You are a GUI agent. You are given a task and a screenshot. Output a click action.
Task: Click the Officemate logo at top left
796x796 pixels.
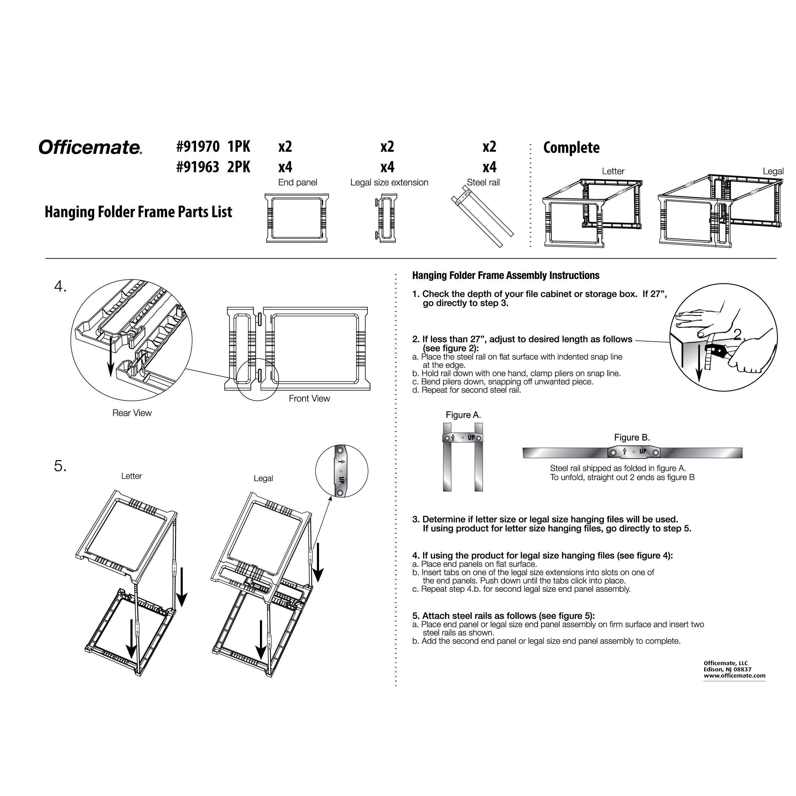[90, 147]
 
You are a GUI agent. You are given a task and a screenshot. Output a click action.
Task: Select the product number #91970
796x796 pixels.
[198, 147]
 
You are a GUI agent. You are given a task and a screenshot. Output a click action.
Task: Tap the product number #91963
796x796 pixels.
[198, 167]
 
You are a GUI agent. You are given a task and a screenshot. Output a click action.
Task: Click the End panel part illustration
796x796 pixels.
[296, 218]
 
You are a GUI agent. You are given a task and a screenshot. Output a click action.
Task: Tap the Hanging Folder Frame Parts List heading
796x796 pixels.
[138, 212]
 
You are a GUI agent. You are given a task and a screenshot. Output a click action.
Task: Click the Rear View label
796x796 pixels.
[132, 413]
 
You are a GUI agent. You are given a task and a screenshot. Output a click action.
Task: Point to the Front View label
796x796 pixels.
[309, 398]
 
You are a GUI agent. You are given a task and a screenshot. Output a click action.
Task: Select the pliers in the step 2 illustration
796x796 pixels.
[716, 351]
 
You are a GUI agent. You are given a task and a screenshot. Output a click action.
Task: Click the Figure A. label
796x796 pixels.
[463, 415]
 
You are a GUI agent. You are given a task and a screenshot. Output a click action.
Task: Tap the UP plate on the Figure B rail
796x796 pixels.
[634, 452]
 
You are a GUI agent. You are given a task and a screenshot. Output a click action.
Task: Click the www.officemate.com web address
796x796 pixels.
[734, 675]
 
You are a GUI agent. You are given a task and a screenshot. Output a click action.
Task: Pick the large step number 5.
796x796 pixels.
[60, 466]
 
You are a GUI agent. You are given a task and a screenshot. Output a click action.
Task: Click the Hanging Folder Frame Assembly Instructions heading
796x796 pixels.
[506, 275]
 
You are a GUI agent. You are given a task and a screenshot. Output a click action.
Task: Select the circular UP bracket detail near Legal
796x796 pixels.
[341, 471]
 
